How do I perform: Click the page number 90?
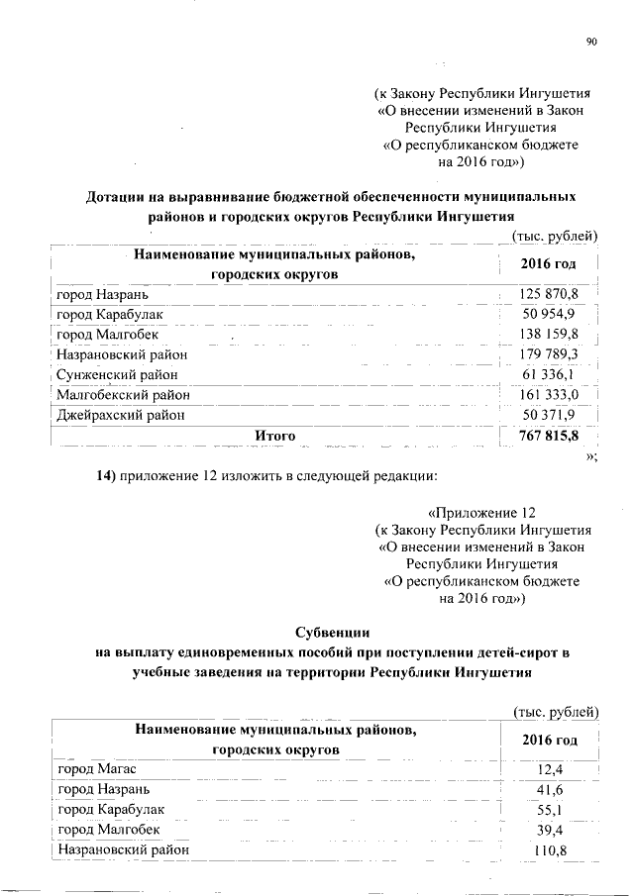tap(591, 42)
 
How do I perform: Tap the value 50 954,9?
tap(551, 314)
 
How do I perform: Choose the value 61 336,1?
tap(552, 375)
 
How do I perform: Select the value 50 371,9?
tap(551, 415)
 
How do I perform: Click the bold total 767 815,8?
tap(549, 436)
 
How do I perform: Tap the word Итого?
tap(275, 436)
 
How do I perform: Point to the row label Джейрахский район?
tap(121, 415)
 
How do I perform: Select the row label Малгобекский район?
tap(124, 395)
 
